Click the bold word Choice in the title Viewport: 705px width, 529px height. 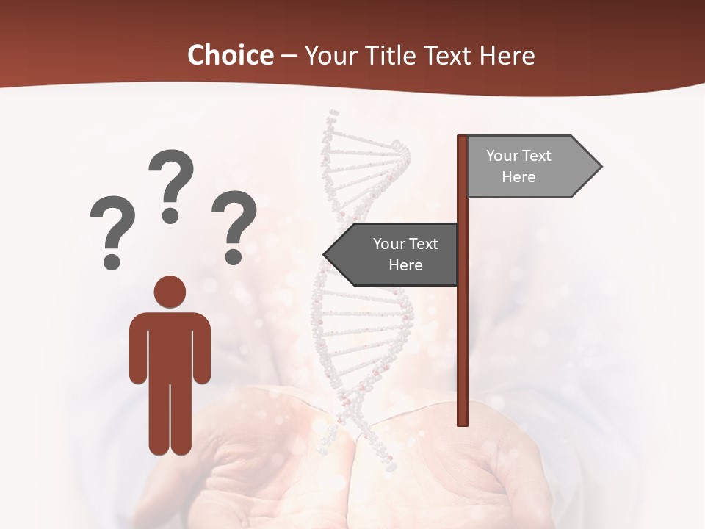click(x=230, y=55)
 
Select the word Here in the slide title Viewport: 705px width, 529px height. click(x=507, y=55)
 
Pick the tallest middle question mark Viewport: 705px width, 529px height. click(x=171, y=184)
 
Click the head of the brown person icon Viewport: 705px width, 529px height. click(x=170, y=292)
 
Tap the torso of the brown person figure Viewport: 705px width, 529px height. click(x=170, y=345)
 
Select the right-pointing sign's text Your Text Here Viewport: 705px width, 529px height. click(x=518, y=166)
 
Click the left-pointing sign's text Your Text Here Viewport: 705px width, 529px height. click(x=405, y=254)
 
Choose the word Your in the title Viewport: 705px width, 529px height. click(x=329, y=55)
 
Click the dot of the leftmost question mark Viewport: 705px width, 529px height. click(x=112, y=261)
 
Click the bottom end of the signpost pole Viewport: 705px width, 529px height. click(x=463, y=422)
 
